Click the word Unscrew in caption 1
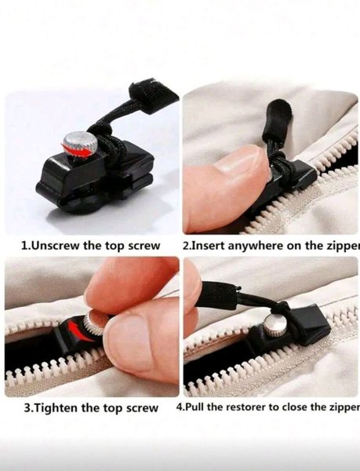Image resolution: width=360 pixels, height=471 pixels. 56,246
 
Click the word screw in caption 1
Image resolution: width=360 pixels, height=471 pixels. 144,246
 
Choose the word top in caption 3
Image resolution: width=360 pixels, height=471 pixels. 113,408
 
